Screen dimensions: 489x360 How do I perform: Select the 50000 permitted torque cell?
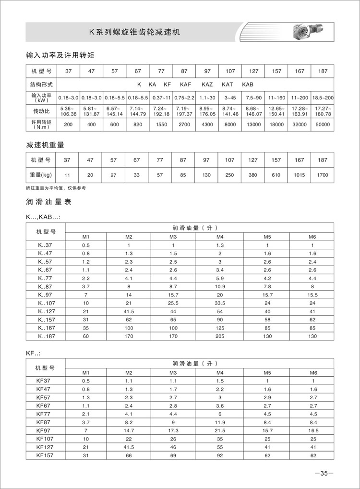[323, 124]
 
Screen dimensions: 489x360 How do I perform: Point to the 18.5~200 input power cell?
[323, 98]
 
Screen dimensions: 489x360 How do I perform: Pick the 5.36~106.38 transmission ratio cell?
[68, 111]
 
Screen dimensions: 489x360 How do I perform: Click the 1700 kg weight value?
[323, 175]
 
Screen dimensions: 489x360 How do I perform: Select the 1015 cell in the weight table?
[300, 175]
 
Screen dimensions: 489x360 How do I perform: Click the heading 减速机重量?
[45, 144]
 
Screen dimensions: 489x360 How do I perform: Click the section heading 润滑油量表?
[48, 202]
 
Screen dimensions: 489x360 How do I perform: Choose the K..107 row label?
[46, 303]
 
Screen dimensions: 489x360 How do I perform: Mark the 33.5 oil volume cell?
[220, 303]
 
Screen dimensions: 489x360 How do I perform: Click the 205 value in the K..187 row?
[220, 336]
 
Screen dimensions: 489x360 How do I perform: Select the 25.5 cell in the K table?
[173, 303]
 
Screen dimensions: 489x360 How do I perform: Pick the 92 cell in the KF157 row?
[220, 454]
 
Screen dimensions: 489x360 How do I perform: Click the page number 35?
[324, 474]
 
